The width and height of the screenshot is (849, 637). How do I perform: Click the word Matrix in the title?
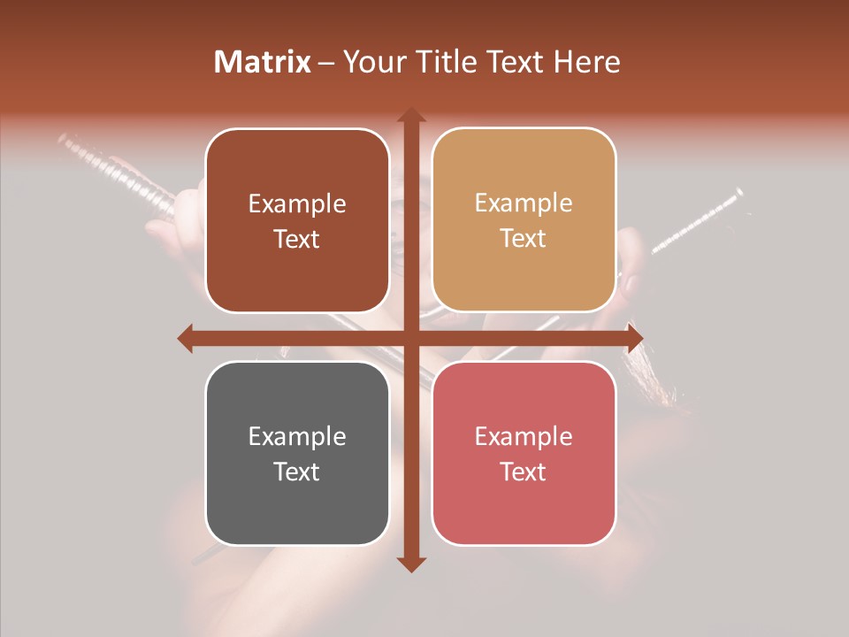pos(263,62)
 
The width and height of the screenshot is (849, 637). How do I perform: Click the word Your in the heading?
pos(375,62)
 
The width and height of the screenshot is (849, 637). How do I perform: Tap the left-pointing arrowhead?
pos(185,338)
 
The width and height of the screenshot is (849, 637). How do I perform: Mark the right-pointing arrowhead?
pos(634,338)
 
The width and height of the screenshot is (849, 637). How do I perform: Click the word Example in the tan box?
pos(524,203)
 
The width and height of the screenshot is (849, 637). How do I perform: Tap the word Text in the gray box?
pos(297,472)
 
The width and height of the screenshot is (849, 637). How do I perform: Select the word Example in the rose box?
pos(524,436)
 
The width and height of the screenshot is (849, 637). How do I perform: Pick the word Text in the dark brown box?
pos(297,239)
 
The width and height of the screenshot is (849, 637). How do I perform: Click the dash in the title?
pos(327,63)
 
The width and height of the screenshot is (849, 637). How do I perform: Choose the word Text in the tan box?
pos(524,238)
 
